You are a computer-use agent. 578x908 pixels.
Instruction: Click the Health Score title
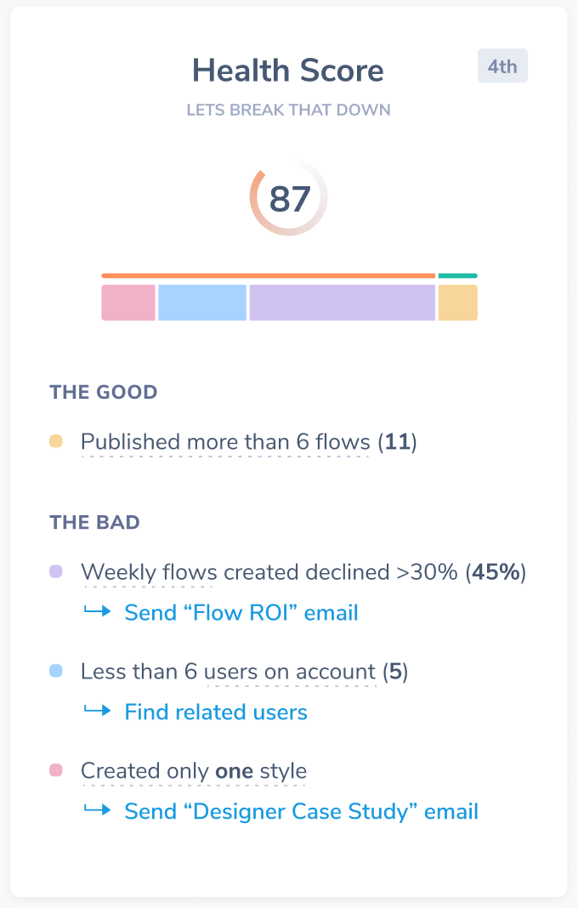(x=288, y=71)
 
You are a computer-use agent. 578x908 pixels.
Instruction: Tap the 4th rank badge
(x=502, y=66)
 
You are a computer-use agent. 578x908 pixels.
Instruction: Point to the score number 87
(x=289, y=199)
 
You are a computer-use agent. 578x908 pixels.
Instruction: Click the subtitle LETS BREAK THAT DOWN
(x=288, y=111)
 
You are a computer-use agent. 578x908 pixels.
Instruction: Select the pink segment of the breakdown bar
(x=128, y=303)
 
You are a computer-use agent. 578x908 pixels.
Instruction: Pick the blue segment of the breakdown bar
(x=202, y=303)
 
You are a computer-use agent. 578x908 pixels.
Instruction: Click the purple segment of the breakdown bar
(x=342, y=303)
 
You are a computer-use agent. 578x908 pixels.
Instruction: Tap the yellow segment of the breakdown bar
(x=457, y=303)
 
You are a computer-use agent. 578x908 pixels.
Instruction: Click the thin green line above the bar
(x=457, y=275)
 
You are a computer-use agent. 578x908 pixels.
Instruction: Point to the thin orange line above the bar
(x=268, y=275)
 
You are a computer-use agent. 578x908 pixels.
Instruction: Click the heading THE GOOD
(x=104, y=393)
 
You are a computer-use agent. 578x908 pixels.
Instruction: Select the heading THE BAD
(x=95, y=522)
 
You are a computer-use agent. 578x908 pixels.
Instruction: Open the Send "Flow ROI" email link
(x=241, y=612)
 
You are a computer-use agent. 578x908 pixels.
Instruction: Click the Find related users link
(x=216, y=712)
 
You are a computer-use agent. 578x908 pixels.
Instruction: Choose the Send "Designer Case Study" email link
(x=301, y=811)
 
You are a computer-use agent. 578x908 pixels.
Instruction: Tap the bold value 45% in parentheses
(x=496, y=572)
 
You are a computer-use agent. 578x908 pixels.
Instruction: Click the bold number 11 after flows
(x=397, y=442)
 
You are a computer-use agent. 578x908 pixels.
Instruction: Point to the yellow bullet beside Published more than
(x=56, y=441)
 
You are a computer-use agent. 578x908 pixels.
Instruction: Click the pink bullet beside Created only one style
(x=56, y=770)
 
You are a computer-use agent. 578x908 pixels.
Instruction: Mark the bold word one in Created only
(x=235, y=771)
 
